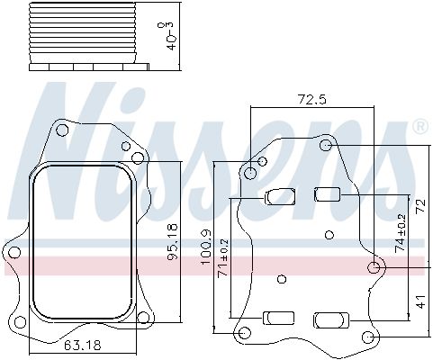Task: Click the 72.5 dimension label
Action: [x=311, y=99]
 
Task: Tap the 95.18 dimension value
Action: [x=173, y=242]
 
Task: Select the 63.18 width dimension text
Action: [x=83, y=346]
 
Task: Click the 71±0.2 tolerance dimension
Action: [x=223, y=258]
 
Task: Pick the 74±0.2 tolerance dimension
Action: [x=400, y=233]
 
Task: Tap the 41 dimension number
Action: [x=421, y=301]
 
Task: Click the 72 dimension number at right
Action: [x=420, y=206]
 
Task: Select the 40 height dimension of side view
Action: [x=169, y=36]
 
